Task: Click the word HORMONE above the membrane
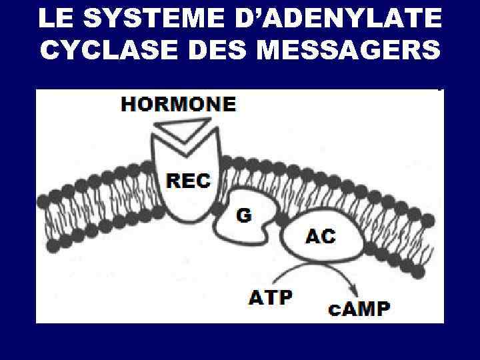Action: [x=179, y=104]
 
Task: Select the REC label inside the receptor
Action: [x=188, y=180]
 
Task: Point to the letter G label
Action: [x=245, y=215]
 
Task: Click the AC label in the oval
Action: [x=321, y=236]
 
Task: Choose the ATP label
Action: [x=271, y=297]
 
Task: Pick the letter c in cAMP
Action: [x=335, y=311]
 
